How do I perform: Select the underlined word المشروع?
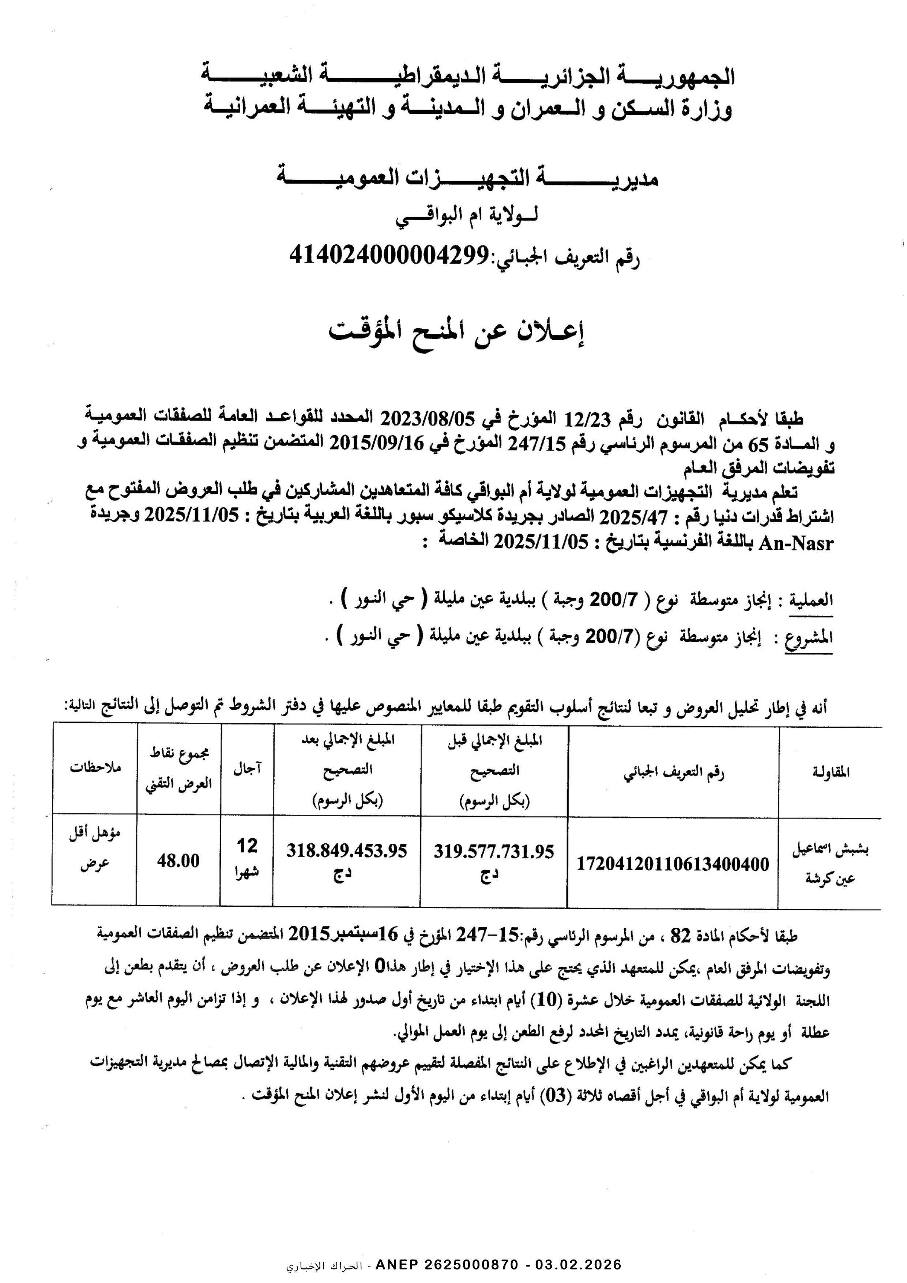(x=808, y=637)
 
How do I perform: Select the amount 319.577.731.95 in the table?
(x=493, y=851)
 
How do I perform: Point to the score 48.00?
(x=178, y=861)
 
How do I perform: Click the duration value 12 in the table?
(x=247, y=846)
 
